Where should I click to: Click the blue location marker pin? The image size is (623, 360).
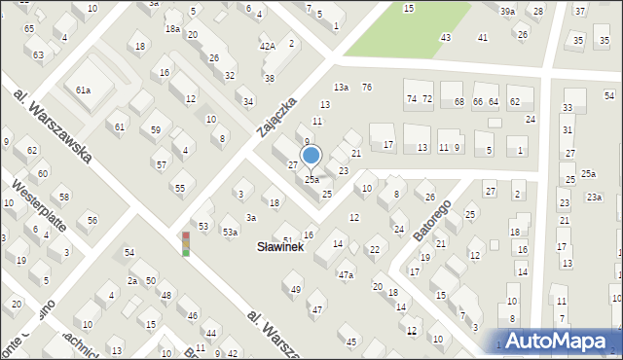pos(311,156)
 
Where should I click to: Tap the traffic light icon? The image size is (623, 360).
pos(186,243)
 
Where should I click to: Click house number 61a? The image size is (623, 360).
pos(84,90)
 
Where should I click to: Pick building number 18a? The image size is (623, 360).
pos(172,29)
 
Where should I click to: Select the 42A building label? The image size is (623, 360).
pos(268,46)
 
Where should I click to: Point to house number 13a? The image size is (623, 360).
pos(341,88)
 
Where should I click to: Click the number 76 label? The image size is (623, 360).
pos(366,88)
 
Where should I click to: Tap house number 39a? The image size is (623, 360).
pos(508,11)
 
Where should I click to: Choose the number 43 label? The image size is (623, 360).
pos(445,37)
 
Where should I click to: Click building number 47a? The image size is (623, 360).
pos(346,274)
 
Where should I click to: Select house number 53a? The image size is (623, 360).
pos(229,232)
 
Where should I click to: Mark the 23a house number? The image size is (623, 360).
pos(594,197)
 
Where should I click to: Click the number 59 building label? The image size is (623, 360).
pos(156,129)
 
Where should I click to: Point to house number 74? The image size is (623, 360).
pos(411,99)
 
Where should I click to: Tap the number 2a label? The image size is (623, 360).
pos(131,280)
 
